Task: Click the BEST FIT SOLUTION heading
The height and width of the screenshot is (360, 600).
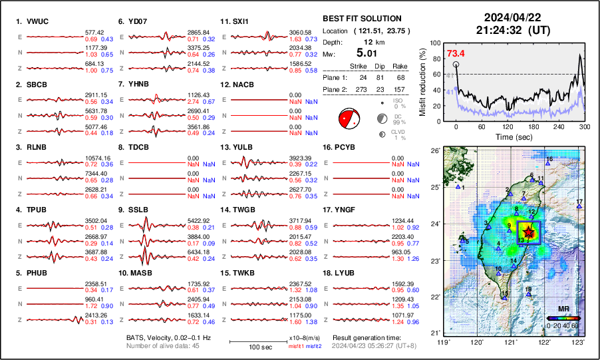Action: point(361,18)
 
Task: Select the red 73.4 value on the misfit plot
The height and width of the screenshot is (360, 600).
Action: point(456,53)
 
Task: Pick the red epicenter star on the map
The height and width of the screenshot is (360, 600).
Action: point(528,232)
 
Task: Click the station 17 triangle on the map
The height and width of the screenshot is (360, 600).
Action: point(579,208)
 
